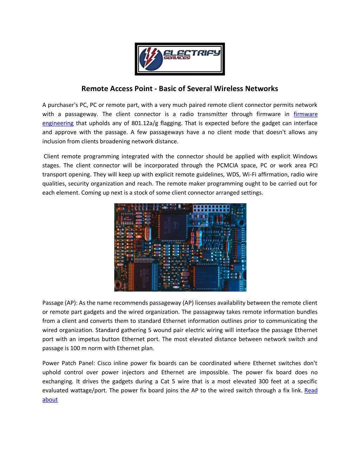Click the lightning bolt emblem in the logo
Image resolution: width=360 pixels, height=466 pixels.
(151, 59)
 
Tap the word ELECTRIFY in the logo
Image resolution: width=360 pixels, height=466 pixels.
(192, 53)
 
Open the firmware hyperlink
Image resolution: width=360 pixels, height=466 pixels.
(306, 114)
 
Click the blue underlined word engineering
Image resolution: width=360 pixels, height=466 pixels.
(58, 123)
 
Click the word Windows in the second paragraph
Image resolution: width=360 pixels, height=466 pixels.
(305, 156)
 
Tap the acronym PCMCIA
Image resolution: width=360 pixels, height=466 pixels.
(227, 165)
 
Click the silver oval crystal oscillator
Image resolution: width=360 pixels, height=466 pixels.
(147, 234)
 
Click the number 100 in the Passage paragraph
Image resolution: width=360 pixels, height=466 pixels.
(75, 348)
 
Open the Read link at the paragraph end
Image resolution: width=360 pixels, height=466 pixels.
(311, 390)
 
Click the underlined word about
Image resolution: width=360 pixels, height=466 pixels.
(50, 400)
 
